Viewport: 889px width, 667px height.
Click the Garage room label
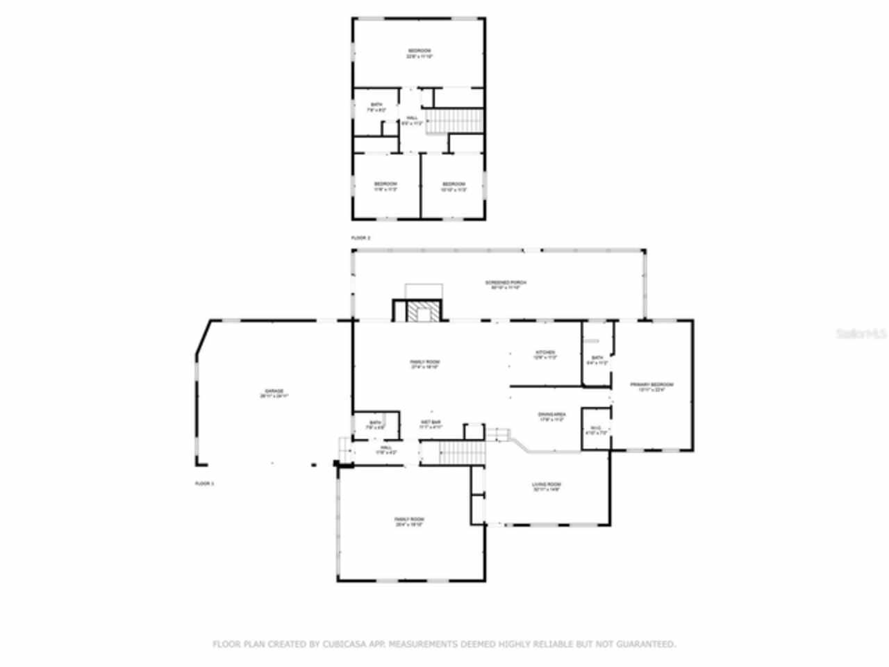(274, 393)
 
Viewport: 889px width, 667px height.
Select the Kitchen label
(545, 355)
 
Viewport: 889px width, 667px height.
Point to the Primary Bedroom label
(651, 387)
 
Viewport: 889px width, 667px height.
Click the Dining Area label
(551, 417)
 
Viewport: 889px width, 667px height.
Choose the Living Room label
(547, 486)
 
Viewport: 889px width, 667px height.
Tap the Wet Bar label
(431, 425)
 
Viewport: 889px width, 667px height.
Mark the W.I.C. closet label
(596, 430)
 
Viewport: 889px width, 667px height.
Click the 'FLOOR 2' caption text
(360, 238)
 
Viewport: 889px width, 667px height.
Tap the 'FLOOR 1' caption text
(204, 483)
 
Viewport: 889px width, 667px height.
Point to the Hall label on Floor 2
(412, 120)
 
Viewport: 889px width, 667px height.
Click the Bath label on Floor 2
(376, 107)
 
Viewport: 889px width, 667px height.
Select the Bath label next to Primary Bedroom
(597, 360)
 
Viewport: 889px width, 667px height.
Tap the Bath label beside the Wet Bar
(376, 425)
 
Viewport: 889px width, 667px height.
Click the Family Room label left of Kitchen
(424, 364)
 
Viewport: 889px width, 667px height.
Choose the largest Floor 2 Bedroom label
(419, 53)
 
